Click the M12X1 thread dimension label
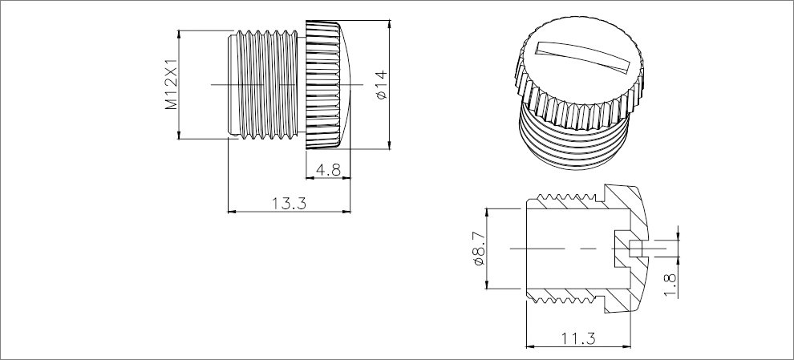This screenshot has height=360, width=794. tap(171, 84)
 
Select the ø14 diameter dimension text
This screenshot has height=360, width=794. tap(381, 84)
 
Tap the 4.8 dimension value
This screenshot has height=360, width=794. tap(329, 170)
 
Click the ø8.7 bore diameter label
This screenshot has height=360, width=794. tap(479, 249)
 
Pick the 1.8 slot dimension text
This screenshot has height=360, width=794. tap(670, 282)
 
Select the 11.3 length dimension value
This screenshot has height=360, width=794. tap(578, 338)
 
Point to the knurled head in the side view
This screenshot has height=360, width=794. tap(329, 84)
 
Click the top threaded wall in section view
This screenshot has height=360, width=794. tap(565, 202)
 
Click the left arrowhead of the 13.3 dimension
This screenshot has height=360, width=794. tap(232, 212)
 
